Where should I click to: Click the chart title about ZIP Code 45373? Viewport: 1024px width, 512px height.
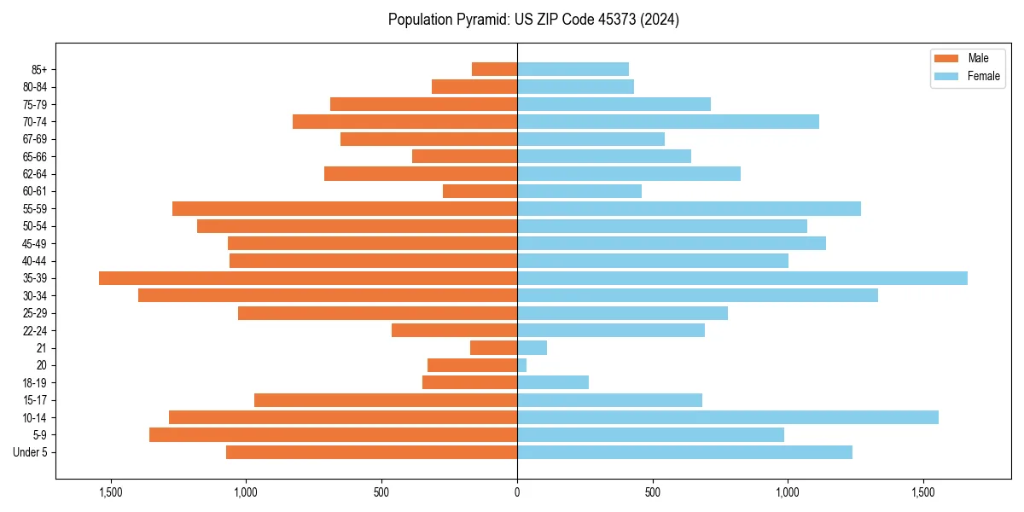coord(533,20)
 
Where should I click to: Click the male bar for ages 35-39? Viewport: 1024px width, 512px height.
coord(308,278)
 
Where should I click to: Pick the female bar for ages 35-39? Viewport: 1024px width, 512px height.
coord(742,278)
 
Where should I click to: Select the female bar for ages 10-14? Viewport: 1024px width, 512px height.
coord(728,417)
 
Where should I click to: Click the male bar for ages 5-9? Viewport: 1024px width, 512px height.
coord(333,435)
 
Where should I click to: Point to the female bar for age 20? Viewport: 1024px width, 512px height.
coord(522,365)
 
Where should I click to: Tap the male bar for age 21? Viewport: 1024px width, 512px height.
coord(493,348)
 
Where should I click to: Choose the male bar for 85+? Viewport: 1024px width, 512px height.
coord(494,69)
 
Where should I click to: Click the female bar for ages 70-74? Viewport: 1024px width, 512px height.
coord(668,121)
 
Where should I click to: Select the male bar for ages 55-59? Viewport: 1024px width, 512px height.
coord(345,208)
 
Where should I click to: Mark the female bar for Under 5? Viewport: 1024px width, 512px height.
coord(684,452)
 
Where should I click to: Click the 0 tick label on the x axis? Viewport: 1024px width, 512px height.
coord(517,492)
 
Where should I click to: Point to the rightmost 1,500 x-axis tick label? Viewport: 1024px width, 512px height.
coord(923,492)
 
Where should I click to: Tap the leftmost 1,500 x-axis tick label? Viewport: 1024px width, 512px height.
coord(111,492)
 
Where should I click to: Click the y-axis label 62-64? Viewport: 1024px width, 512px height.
coord(35,174)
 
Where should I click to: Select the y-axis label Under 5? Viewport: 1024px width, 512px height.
coord(31,452)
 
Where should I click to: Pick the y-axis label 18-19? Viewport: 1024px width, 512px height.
coord(35,383)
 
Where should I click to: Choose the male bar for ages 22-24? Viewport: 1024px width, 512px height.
coord(454,330)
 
